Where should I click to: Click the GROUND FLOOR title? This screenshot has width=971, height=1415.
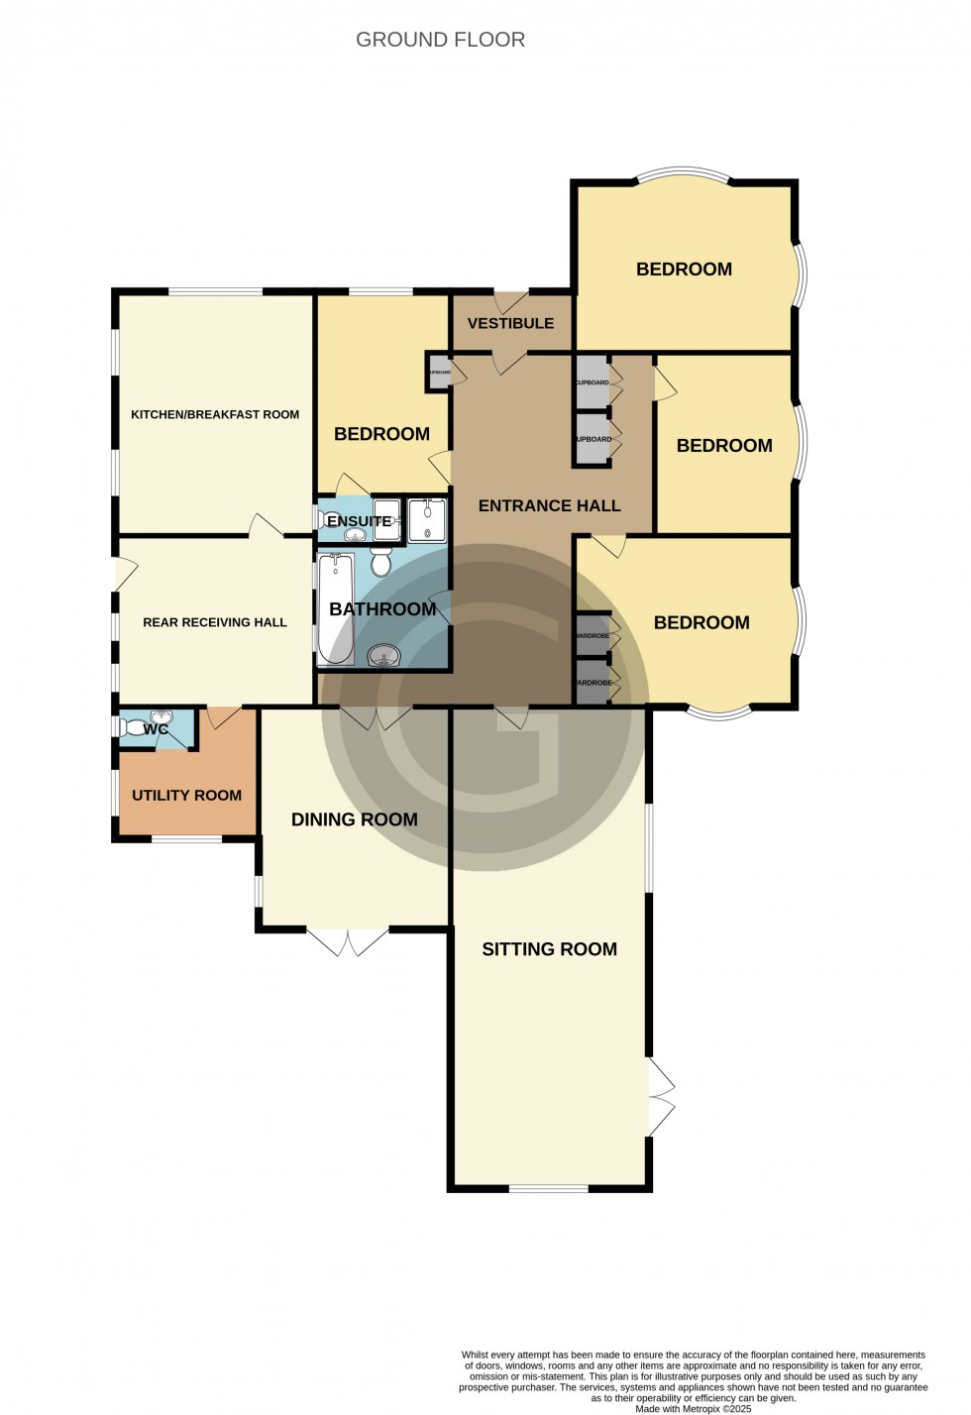point(440,40)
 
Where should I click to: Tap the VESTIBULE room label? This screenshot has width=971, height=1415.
point(510,323)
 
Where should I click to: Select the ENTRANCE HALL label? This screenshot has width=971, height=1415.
point(549,505)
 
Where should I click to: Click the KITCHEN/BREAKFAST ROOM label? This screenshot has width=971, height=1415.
point(215,414)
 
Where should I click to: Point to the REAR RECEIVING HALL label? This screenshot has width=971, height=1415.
point(215,622)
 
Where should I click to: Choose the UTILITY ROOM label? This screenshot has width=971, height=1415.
point(186,795)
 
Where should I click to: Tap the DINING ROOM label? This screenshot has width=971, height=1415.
point(354,819)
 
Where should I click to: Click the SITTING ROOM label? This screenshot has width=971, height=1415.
point(549,949)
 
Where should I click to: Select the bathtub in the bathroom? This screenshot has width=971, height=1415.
point(336,608)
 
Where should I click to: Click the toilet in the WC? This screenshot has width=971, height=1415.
point(133,728)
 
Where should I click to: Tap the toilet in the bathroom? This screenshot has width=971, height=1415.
point(381,563)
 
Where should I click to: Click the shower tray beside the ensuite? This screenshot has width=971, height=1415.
point(427,520)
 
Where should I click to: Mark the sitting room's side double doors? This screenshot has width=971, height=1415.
point(661,1096)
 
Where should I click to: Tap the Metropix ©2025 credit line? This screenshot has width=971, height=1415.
point(693,1408)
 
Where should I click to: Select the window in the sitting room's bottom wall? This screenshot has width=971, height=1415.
point(548,1188)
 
